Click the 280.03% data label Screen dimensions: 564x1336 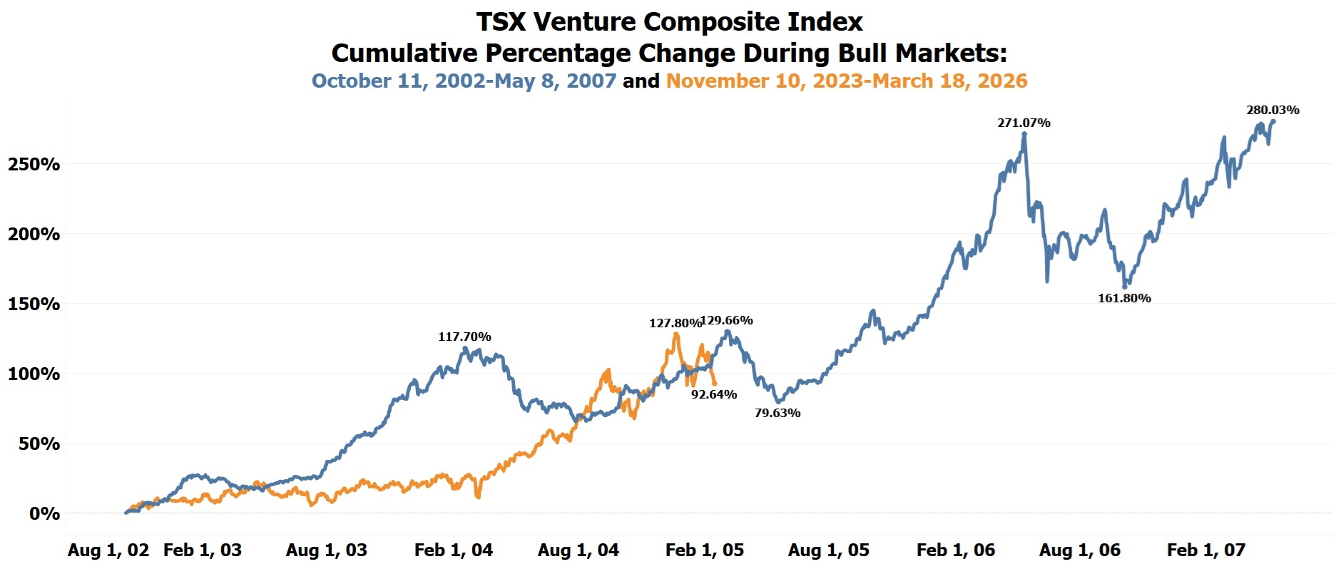[1273, 110]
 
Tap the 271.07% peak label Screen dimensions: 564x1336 [1024, 123]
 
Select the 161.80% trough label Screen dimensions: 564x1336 [1124, 298]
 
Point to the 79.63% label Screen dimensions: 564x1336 [777, 413]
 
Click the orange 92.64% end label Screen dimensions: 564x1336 [714, 394]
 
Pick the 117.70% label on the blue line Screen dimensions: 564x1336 [464, 337]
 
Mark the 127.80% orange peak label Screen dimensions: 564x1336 [675, 323]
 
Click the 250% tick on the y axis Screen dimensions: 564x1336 [34, 164]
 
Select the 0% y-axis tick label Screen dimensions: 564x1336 [44, 513]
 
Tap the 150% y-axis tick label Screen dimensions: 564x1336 [34, 304]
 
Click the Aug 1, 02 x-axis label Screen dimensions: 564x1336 [108, 550]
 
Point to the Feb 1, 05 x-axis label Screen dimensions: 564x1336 [705, 550]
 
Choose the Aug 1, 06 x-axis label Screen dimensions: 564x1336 [1080, 550]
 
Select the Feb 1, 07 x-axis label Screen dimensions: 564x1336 [1206, 550]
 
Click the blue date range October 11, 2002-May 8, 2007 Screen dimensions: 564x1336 [464, 81]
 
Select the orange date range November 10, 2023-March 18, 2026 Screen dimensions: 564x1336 [847, 81]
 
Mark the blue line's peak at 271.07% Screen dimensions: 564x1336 [1024, 134]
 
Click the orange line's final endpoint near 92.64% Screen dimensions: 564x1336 [715, 384]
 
